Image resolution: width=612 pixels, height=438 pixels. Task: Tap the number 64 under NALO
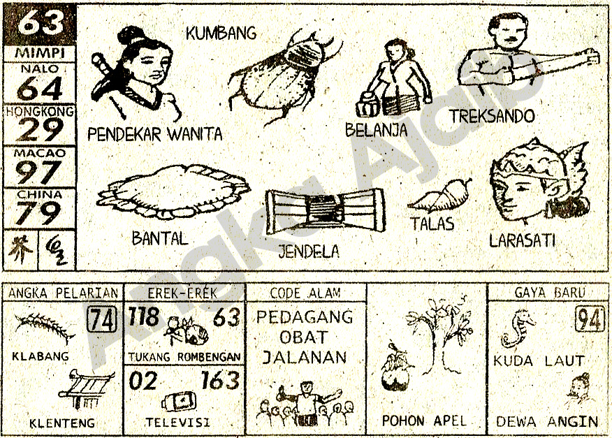point(39,89)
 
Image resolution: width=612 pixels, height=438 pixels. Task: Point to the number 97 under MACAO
point(39,172)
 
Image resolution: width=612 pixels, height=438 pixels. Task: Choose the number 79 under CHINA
point(39,213)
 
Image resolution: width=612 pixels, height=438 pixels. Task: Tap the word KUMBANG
point(221,33)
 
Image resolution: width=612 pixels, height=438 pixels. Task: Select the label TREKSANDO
point(492,117)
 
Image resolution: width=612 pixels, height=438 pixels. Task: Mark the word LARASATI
point(523,241)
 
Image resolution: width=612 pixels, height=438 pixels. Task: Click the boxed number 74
point(102,321)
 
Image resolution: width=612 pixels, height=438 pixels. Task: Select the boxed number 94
point(590,320)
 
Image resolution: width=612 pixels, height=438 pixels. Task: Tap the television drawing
point(179,402)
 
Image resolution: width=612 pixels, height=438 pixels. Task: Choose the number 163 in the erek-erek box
point(220,381)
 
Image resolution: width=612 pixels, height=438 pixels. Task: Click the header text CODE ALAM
point(305,293)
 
